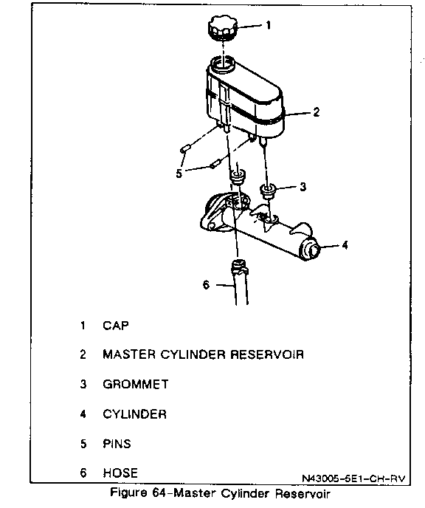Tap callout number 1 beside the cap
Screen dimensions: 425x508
268,25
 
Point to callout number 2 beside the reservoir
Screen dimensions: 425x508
317,111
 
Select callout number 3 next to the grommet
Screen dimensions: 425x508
303,187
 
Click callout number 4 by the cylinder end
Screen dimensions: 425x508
345,245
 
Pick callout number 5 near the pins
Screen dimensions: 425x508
179,174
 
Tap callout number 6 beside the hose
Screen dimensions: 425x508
206,284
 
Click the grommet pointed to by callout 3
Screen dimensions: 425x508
268,190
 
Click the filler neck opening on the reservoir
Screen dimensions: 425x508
222,63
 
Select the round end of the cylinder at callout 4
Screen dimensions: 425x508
311,250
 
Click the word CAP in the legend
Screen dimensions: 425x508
116,326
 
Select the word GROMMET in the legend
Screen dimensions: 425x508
136,384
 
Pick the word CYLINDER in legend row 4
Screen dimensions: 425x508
134,414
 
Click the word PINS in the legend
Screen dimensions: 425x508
117,444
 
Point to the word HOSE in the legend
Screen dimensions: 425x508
120,473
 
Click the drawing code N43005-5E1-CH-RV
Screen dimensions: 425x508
353,478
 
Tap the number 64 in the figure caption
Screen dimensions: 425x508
159,493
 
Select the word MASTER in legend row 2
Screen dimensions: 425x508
129,354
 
